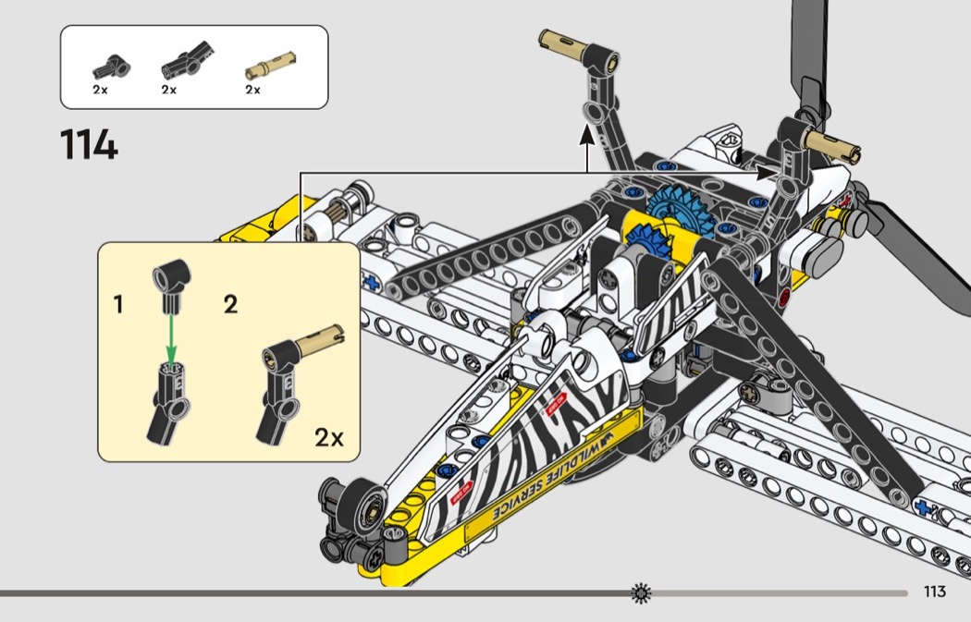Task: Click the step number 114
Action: (89, 145)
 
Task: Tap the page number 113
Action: (934, 592)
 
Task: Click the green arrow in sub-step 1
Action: (171, 338)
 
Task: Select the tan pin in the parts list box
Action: (271, 66)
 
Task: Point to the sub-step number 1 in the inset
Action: (118, 304)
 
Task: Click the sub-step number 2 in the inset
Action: (230, 304)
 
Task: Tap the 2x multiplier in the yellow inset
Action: (329, 437)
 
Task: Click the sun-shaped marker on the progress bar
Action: (641, 592)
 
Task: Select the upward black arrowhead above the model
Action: (587, 134)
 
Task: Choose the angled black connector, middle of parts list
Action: (188, 60)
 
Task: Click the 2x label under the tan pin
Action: (252, 90)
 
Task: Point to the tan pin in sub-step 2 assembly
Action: (319, 339)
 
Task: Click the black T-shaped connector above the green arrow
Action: (171, 282)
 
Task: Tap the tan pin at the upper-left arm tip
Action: (560, 46)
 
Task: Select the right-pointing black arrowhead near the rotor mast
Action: (767, 173)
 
